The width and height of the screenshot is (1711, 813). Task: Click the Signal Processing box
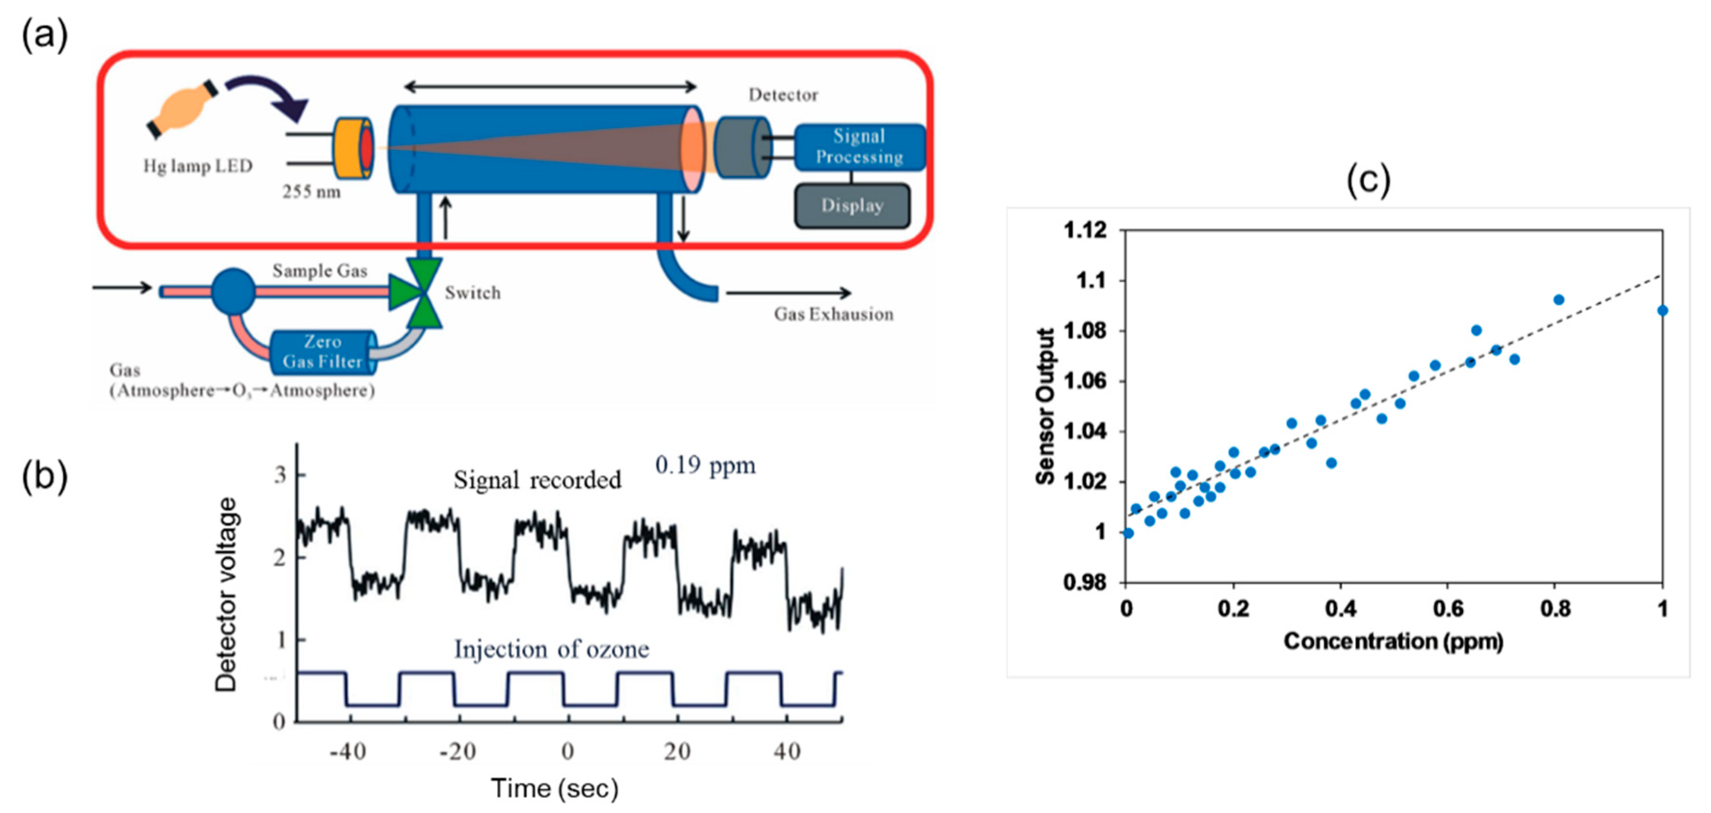[859, 147]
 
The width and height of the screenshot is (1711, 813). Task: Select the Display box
[852, 206]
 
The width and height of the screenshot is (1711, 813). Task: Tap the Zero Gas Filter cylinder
[323, 352]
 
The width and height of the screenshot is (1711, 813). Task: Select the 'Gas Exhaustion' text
[833, 314]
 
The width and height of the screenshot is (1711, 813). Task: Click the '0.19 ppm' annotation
[705, 465]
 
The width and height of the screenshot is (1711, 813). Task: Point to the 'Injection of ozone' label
[551, 649]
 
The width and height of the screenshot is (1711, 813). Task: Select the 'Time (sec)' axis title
[554, 788]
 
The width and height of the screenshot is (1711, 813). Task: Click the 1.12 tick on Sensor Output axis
[1085, 230]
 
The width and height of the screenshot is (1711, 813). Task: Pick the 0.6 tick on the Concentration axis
[1448, 609]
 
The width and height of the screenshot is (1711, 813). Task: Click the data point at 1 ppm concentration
[1662, 310]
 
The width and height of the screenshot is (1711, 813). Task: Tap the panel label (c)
[1368, 181]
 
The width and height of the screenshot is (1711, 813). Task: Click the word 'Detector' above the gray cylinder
[783, 96]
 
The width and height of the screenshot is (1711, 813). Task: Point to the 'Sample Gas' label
[319, 271]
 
